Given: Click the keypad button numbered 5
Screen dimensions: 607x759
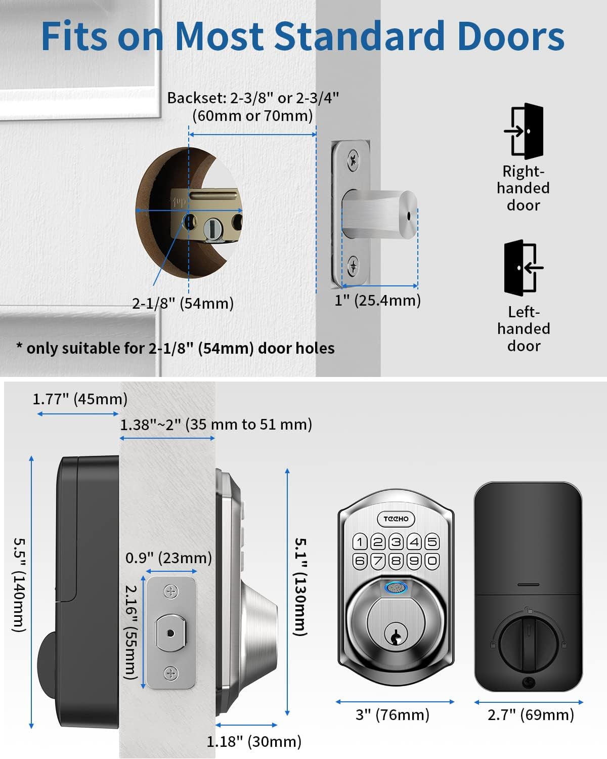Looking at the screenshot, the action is [432, 542].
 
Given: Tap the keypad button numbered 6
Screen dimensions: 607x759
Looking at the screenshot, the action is [360, 561].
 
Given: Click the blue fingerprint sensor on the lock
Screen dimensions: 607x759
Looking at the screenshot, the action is [396, 587].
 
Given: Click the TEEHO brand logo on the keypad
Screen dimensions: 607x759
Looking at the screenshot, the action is [396, 519].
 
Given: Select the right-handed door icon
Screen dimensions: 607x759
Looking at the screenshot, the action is [524, 131].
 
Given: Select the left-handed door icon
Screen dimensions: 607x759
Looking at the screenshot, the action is [524, 268].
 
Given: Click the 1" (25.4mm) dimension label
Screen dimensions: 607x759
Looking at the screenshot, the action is [377, 301].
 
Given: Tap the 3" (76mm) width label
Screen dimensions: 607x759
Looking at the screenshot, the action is [392, 714].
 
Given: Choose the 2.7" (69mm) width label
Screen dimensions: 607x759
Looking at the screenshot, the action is [531, 714].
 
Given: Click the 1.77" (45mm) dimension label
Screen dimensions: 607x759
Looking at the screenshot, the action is [80, 399].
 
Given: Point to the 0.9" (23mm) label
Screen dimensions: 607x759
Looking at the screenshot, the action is [168, 558].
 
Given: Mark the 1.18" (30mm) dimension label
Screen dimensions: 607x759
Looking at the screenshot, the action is [254, 741].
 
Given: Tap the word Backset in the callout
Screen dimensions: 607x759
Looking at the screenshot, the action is [196, 98].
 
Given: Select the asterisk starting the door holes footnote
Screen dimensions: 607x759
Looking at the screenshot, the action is [19, 346].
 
